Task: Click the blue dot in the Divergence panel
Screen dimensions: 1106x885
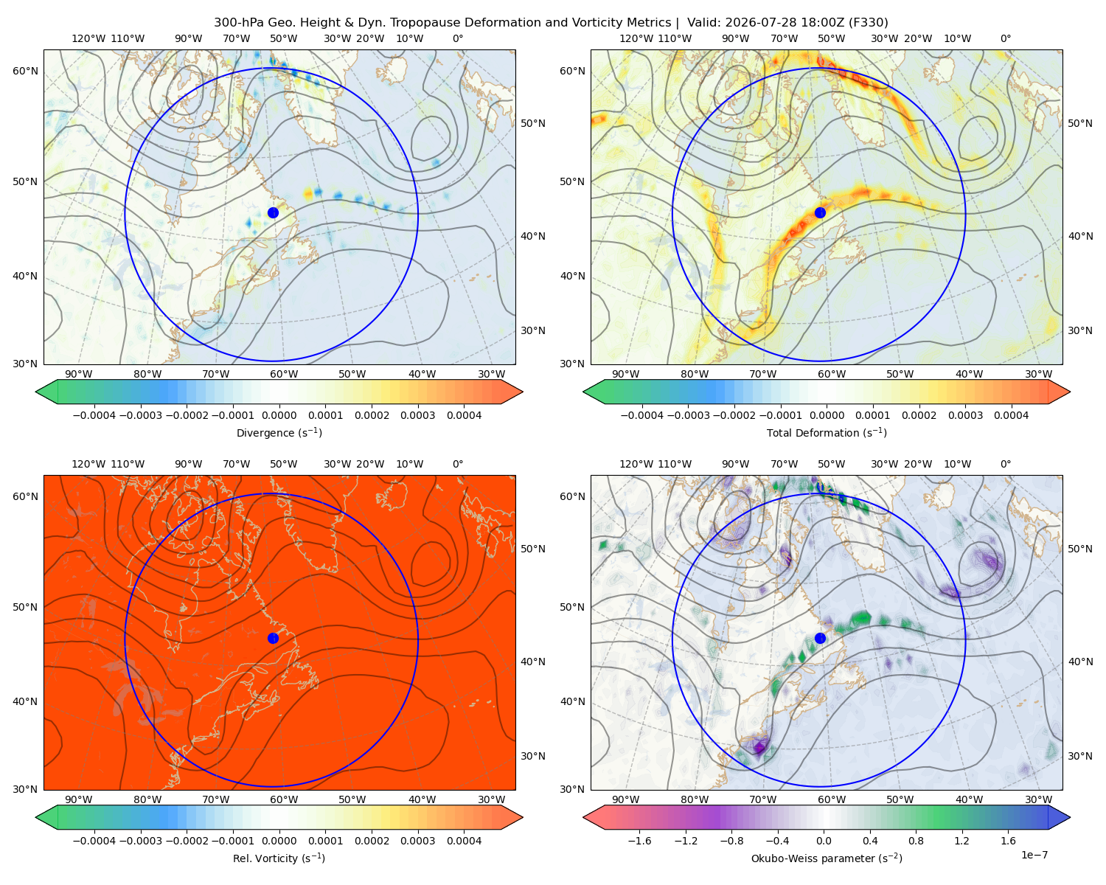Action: click(x=273, y=212)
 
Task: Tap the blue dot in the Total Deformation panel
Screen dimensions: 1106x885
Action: click(x=820, y=212)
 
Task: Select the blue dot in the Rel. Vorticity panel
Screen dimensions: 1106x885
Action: click(x=273, y=638)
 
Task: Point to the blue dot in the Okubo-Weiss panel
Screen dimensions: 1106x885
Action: click(x=820, y=638)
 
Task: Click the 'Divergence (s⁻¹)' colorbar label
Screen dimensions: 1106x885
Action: click(x=279, y=432)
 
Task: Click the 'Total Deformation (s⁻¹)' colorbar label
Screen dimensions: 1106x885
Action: click(x=827, y=432)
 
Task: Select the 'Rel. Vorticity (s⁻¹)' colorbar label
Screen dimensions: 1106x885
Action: click(x=279, y=858)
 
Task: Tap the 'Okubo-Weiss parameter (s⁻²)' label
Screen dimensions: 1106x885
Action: click(x=827, y=858)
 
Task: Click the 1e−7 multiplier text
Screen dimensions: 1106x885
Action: click(x=1034, y=855)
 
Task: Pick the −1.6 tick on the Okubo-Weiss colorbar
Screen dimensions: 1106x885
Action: click(x=639, y=840)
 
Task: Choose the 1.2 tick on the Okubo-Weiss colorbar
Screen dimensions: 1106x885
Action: click(x=961, y=840)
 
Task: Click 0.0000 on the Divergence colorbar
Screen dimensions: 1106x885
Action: click(x=279, y=415)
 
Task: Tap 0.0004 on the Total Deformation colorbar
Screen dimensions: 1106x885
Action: click(x=1011, y=415)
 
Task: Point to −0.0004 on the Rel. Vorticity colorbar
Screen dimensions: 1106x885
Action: click(x=94, y=840)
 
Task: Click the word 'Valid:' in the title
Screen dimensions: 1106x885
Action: click(x=703, y=23)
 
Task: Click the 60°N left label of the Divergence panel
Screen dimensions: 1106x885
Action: click(x=25, y=71)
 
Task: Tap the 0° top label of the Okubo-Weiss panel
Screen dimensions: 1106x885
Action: click(x=1005, y=463)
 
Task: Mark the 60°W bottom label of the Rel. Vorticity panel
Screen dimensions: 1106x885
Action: click(x=284, y=799)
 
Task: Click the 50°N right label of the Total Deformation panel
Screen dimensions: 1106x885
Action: click(x=1079, y=123)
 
